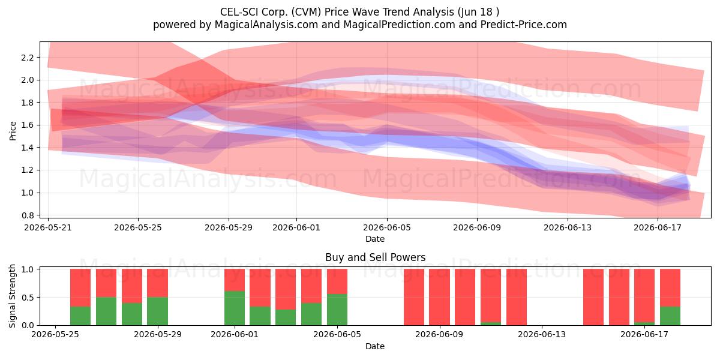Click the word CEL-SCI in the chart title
239,12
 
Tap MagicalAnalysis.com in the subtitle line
266,25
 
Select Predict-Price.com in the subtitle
524,25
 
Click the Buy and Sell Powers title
375,257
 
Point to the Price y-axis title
13,131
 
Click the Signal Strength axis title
12,296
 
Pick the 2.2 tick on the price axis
28,58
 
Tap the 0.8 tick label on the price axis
28,215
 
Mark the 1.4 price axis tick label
28,148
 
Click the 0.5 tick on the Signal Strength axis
28,298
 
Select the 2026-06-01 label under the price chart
296,227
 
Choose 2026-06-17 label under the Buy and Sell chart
644,335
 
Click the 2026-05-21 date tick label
48,227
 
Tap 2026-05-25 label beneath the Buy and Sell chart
55,335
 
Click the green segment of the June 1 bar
235,308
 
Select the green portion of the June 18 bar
670,316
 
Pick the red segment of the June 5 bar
337,281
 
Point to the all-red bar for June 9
439,297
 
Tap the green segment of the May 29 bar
157,311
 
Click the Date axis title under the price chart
375,239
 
